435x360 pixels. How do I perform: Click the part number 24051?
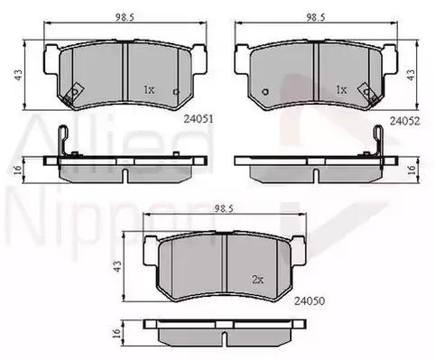(x=199, y=119)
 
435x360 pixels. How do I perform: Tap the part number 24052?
(x=404, y=121)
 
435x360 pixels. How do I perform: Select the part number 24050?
(x=310, y=300)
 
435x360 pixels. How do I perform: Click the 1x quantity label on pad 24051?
(x=149, y=89)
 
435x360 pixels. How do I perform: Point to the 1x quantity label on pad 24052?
(x=341, y=89)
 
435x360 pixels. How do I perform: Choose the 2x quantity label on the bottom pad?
(x=258, y=280)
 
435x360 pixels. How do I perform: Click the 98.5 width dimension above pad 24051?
(x=125, y=17)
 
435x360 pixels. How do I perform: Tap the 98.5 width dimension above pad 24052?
(x=316, y=17)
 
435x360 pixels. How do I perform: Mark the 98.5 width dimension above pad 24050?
(x=224, y=208)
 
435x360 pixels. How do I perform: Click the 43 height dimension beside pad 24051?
(x=18, y=75)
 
